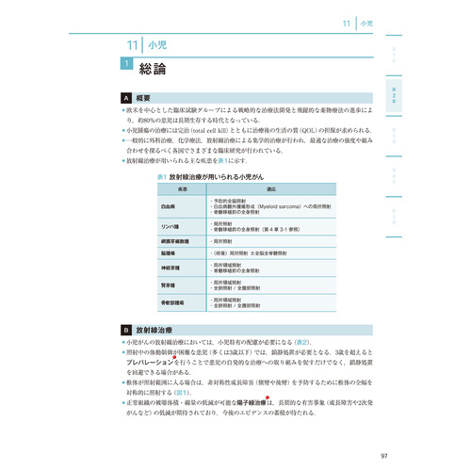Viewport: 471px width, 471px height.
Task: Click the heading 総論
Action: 154,68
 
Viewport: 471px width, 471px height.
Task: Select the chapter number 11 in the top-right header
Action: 348,21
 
